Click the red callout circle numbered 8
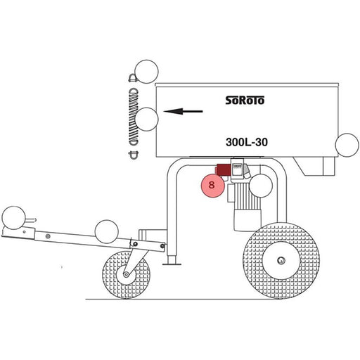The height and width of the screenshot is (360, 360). [x=213, y=186]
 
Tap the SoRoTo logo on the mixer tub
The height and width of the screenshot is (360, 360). [x=245, y=100]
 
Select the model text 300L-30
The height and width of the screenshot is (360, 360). [x=247, y=142]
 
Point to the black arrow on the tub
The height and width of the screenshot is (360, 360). [x=183, y=111]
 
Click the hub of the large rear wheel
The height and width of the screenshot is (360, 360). [x=281, y=260]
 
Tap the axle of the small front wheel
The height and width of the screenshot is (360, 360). [x=127, y=274]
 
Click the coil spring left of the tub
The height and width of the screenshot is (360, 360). [x=134, y=117]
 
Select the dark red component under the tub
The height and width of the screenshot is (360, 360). [x=223, y=169]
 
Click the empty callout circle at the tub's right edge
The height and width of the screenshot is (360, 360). [x=347, y=145]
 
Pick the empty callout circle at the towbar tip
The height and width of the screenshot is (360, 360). [x=13, y=218]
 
